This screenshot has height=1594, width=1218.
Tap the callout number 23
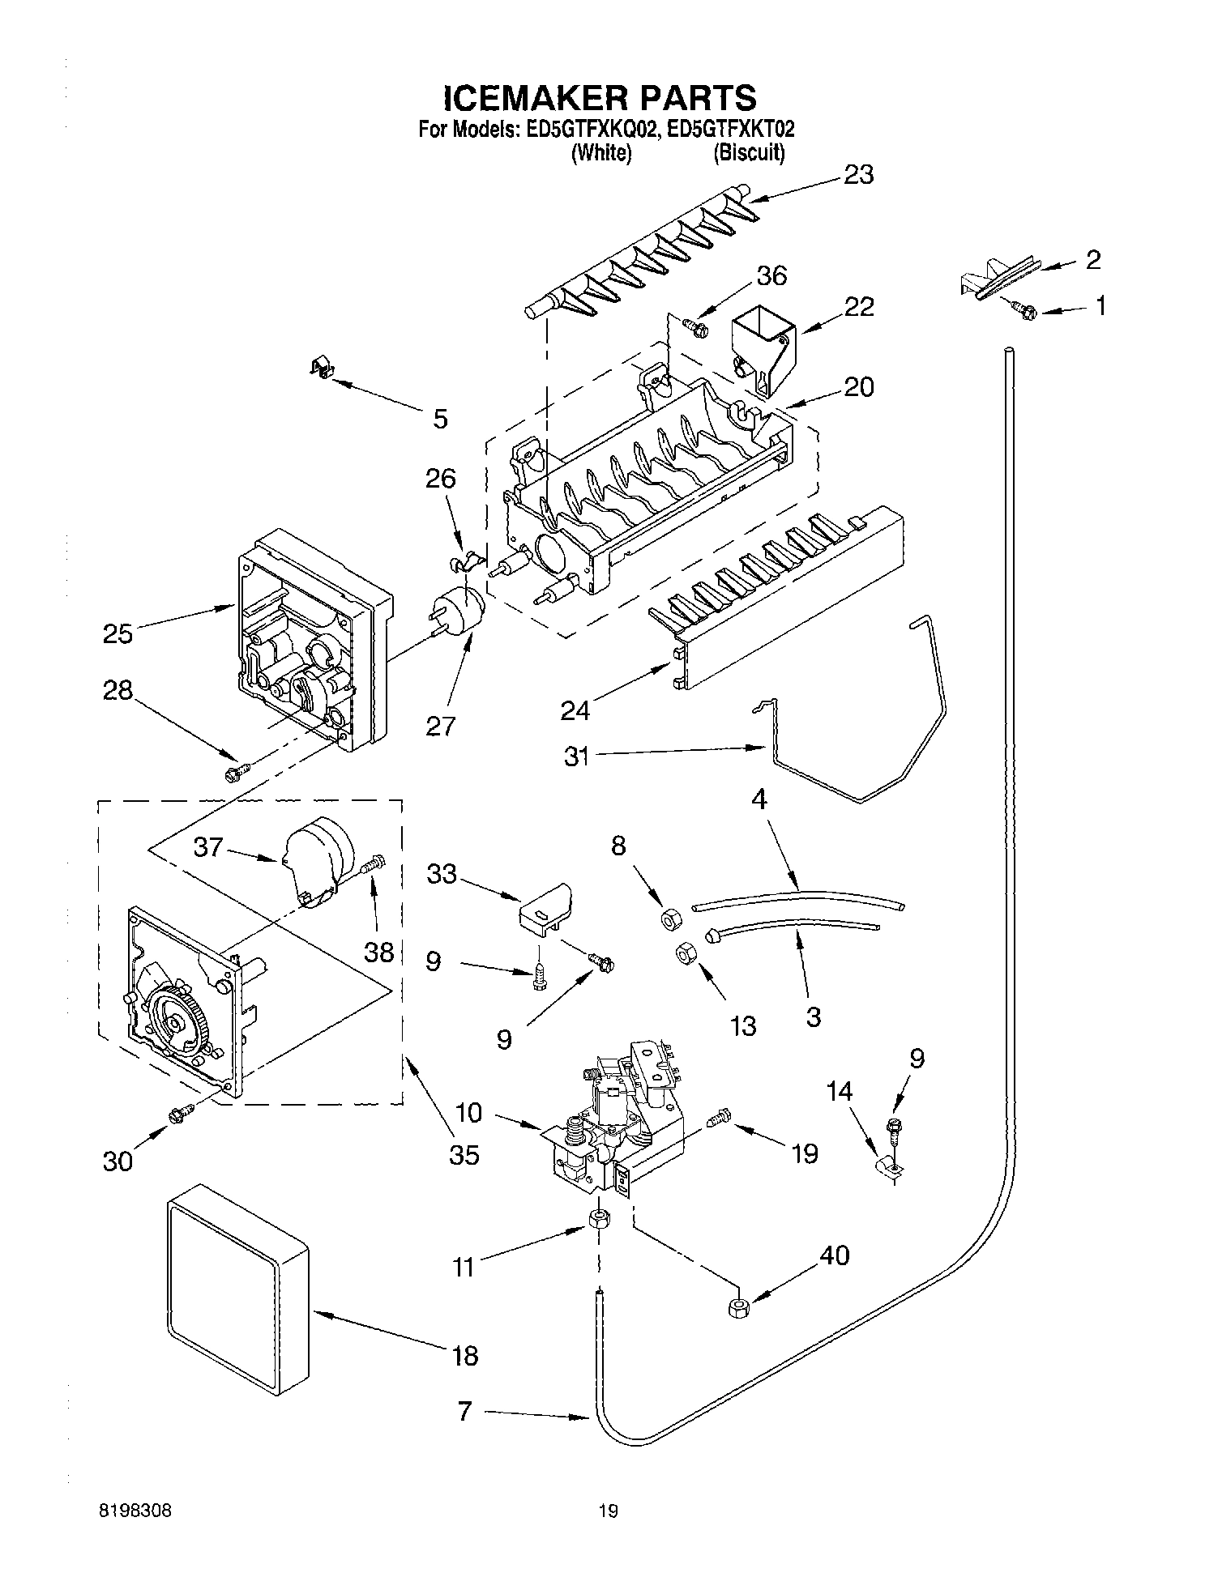click(858, 175)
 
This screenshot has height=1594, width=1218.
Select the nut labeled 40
click(737, 1308)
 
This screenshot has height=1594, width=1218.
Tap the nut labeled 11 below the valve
click(598, 1219)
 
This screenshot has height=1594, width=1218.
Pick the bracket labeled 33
click(544, 906)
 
